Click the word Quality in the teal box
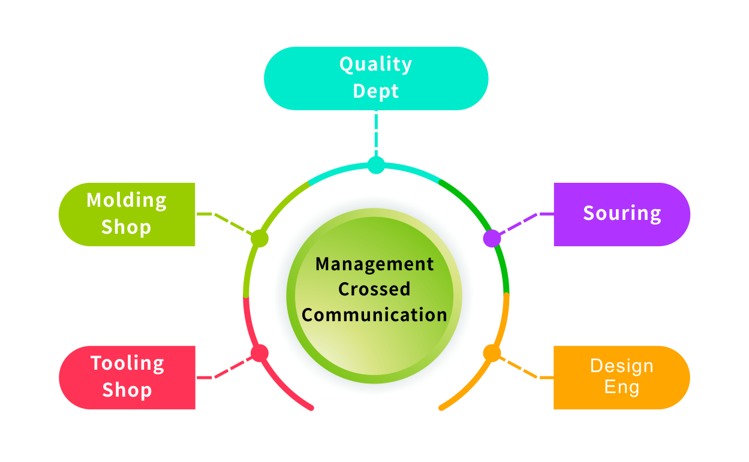click(x=375, y=65)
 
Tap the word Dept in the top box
click(x=375, y=91)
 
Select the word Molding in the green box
click(x=127, y=200)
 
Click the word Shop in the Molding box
click(x=127, y=227)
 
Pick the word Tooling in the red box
click(x=127, y=363)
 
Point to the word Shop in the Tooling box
click(x=127, y=390)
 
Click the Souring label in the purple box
click(x=622, y=213)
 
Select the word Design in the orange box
click(x=621, y=366)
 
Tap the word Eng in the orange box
click(x=621, y=387)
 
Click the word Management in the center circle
click(x=375, y=264)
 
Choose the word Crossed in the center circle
click(x=375, y=289)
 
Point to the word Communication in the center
click(x=375, y=315)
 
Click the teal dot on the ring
click(x=376, y=165)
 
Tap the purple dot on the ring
click(x=492, y=238)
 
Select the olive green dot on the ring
click(x=259, y=238)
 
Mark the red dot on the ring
click(x=259, y=353)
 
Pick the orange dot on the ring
click(x=492, y=353)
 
